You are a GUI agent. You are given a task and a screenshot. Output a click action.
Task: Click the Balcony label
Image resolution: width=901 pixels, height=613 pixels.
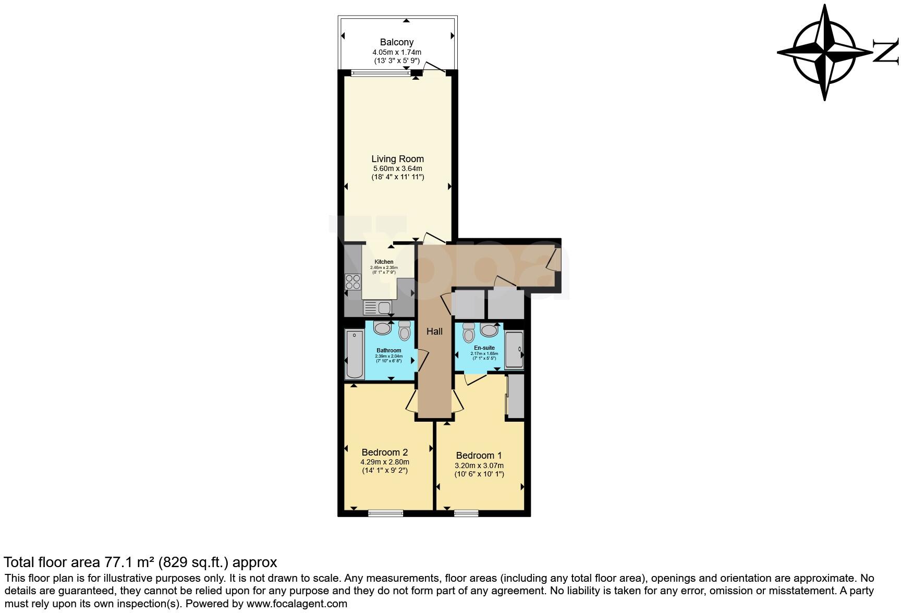coord(396,42)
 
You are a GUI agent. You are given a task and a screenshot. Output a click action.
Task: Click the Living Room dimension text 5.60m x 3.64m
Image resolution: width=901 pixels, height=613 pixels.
coord(397,168)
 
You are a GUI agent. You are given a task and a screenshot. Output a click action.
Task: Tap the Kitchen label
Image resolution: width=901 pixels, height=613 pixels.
coord(384,262)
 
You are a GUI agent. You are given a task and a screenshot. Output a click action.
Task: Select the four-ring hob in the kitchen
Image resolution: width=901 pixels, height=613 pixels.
coord(353,281)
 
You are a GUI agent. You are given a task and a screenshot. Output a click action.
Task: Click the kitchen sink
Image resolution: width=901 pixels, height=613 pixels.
coord(384,308)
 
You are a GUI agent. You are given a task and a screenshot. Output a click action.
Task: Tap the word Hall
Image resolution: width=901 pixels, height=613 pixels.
coord(434,331)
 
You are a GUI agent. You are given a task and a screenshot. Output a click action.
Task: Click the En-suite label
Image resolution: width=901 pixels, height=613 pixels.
coord(484,348)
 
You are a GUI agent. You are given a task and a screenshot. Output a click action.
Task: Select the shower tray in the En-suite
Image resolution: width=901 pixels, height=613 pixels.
coord(514,350)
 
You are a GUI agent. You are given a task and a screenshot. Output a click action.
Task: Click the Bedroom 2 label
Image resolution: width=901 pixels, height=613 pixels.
coord(384,452)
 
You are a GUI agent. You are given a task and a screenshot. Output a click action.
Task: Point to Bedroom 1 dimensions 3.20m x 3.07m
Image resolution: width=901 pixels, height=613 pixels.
coord(479,465)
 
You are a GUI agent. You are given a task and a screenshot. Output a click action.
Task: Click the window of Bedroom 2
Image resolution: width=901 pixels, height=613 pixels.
coord(385,513)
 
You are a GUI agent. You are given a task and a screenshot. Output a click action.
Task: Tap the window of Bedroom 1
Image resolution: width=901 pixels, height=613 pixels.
coord(466,513)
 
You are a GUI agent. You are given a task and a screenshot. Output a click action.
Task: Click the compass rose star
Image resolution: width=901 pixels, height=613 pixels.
coord(824,52)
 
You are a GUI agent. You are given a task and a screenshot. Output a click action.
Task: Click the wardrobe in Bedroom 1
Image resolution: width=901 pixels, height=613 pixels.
coord(516,396)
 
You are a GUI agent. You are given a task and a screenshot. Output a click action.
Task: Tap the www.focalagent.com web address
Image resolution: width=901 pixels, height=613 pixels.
coord(297,604)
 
